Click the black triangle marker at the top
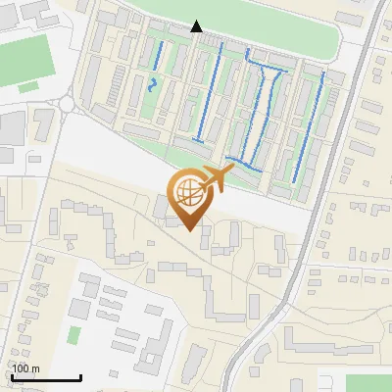[197, 26]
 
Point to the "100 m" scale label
[25, 368]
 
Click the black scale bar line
[45, 377]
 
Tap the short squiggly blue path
[151, 84]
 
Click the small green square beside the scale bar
[73, 335]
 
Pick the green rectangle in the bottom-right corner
[367, 383]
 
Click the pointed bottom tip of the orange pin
[187, 229]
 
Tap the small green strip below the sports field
[28, 87]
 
